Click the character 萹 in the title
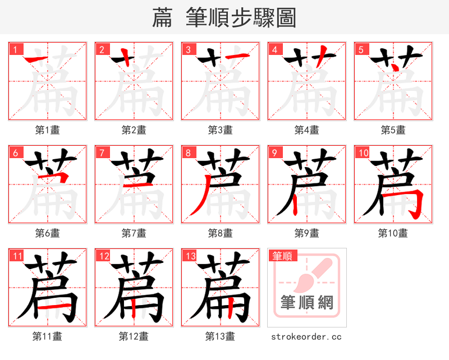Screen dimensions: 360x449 [x=163, y=18]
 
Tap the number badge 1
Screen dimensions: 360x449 [x=15, y=50]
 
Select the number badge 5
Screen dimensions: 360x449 [x=361, y=50]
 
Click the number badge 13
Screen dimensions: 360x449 [x=190, y=256]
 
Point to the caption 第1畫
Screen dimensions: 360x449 [x=47, y=130]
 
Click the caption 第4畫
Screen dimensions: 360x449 [x=306, y=130]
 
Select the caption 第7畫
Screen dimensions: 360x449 [x=134, y=233]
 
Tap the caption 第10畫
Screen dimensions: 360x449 [x=393, y=233]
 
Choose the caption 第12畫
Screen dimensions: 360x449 [x=134, y=336]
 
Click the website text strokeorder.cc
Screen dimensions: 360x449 [x=306, y=336]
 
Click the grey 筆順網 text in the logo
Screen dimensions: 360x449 [x=307, y=303]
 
